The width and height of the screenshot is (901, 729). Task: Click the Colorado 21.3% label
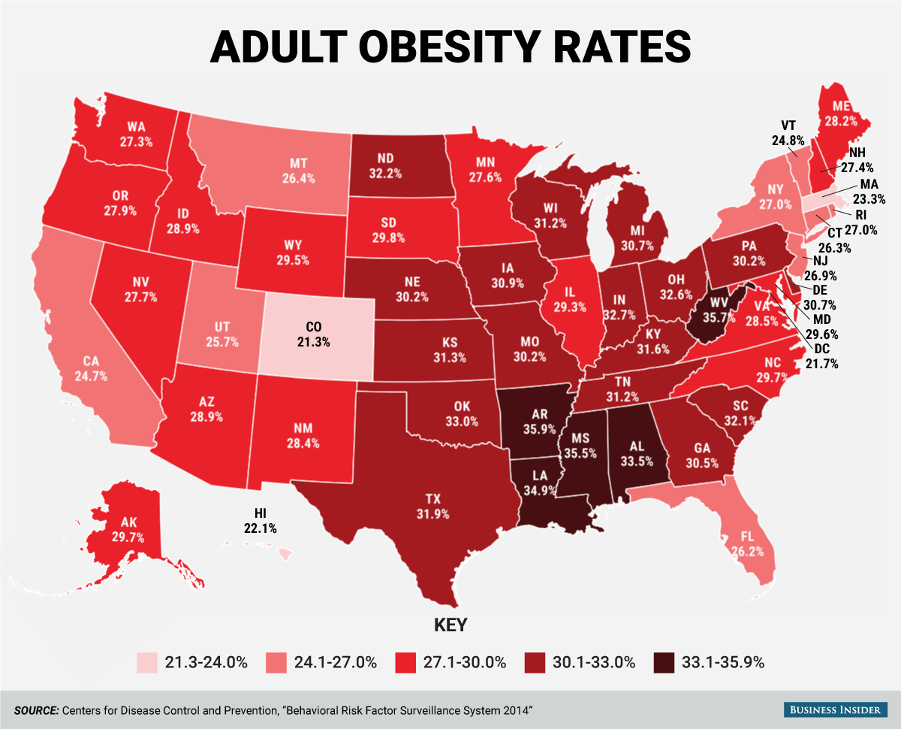pyautogui.click(x=316, y=334)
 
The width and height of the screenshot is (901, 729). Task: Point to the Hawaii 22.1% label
pyautogui.click(x=261, y=520)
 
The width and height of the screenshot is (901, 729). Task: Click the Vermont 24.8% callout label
pyautogui.click(x=788, y=132)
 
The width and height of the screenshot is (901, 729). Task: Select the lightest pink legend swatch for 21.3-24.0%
pyautogui.click(x=146, y=662)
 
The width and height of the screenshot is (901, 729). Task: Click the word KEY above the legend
pyautogui.click(x=450, y=625)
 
